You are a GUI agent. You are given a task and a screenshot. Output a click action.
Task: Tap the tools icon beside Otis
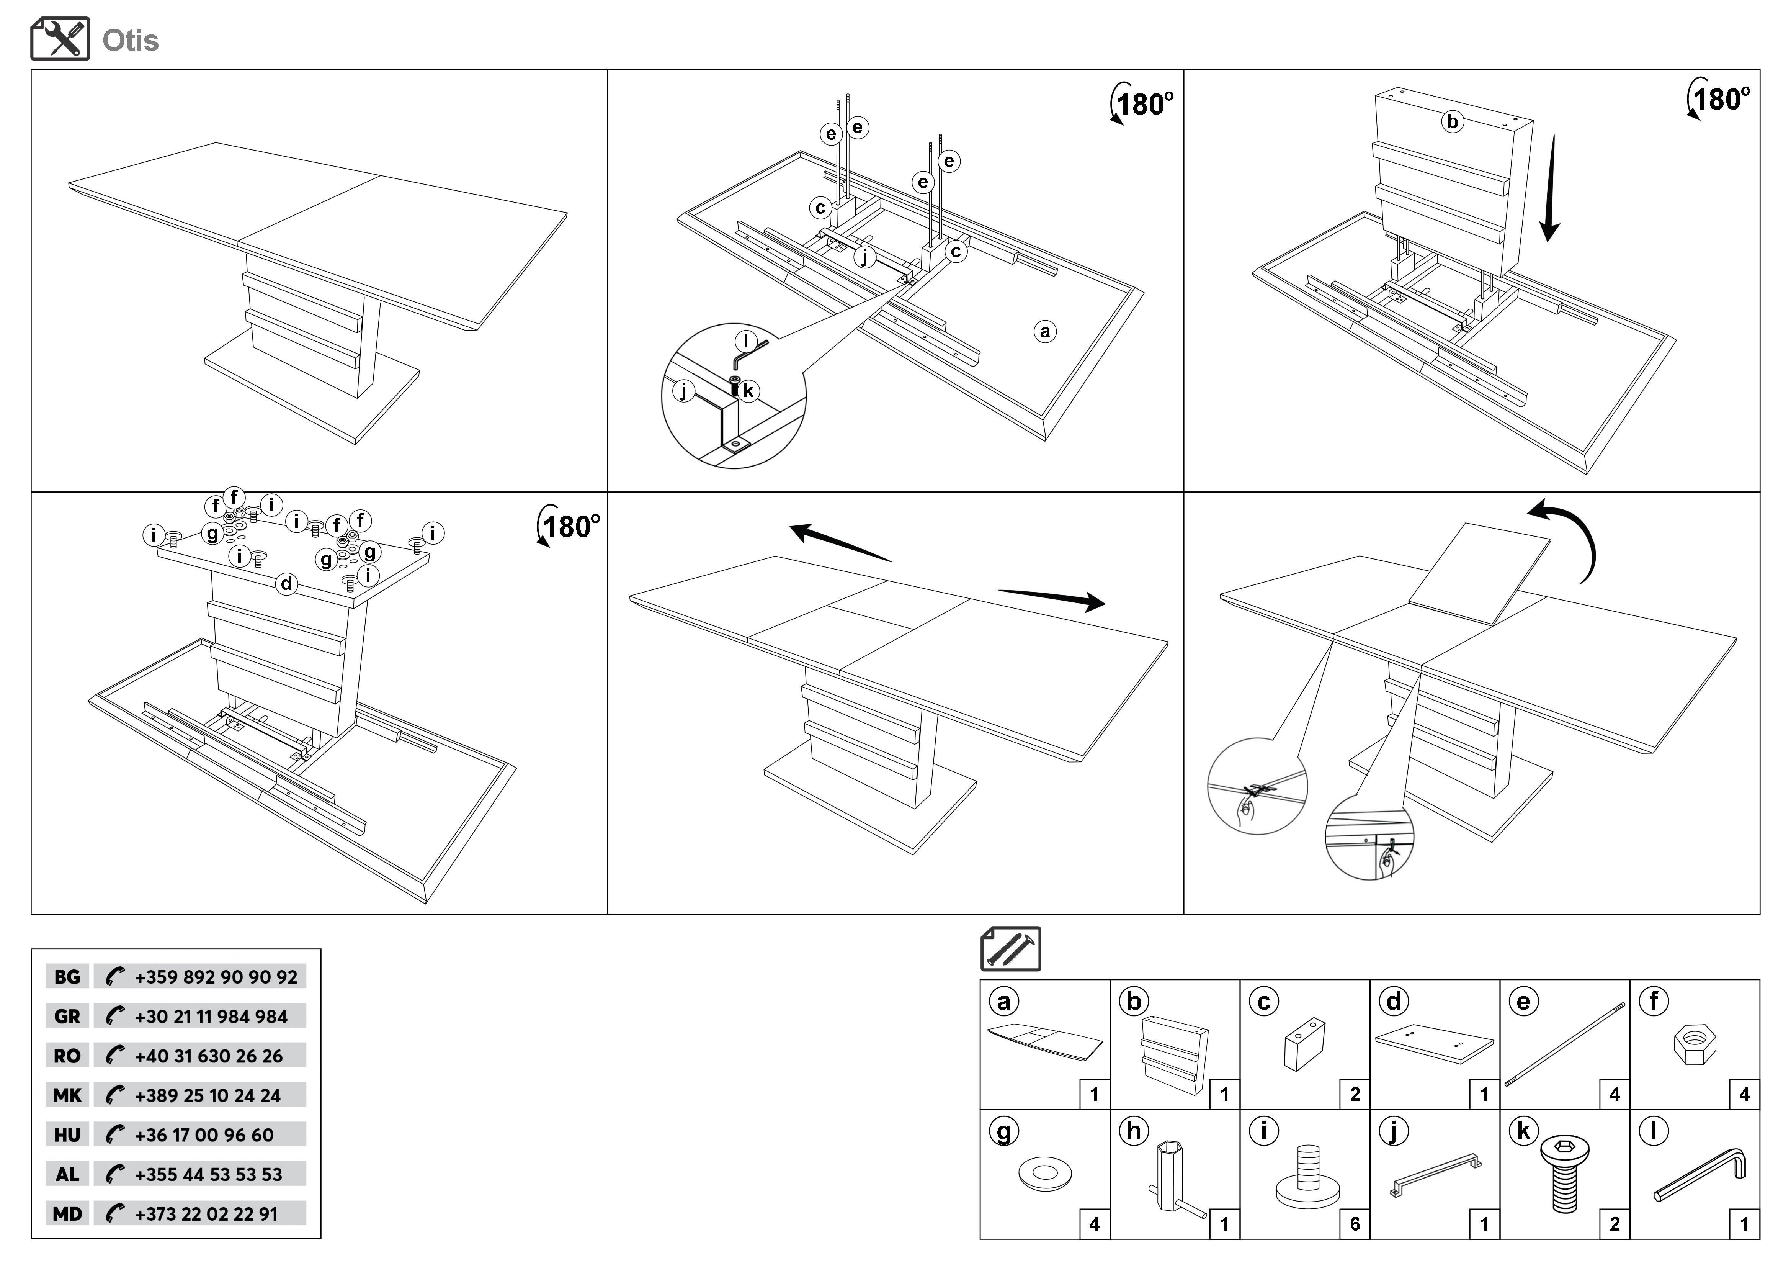60,39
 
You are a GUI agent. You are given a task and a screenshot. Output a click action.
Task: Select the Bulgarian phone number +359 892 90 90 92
215,977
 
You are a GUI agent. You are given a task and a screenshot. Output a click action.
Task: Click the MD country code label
67,1214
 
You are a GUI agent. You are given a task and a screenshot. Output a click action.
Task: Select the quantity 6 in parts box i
1355,1224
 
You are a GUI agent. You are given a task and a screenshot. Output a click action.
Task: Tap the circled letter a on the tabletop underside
1045,332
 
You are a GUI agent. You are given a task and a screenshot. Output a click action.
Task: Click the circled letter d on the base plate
287,584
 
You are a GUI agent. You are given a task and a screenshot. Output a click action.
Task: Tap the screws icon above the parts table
1010,949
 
